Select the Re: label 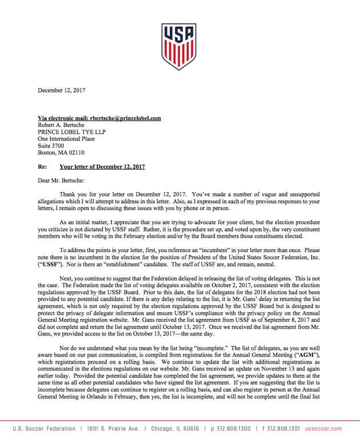click(x=42, y=167)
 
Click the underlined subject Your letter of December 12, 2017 click(x=102, y=167)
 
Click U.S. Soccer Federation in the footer click(x=43, y=429)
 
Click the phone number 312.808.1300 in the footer click(x=231, y=429)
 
